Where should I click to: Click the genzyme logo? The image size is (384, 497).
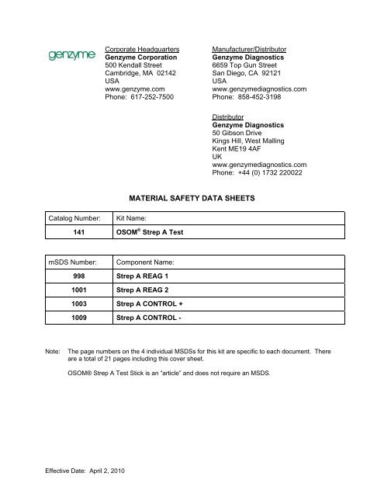point(71,57)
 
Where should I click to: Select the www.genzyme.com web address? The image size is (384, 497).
point(134,89)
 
